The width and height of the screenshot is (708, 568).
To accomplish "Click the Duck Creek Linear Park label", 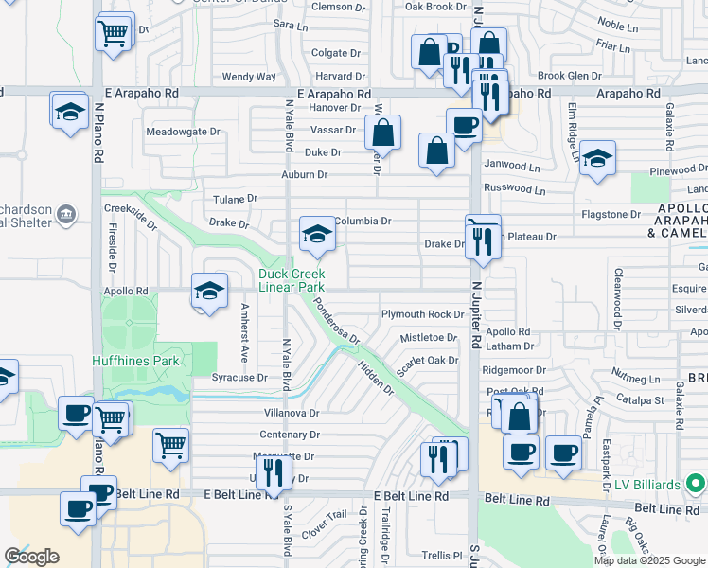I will (x=292, y=281).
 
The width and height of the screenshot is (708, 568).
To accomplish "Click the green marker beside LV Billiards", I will (x=696, y=486).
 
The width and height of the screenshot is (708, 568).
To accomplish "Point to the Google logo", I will (x=31, y=557).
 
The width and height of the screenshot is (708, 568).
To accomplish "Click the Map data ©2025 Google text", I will (x=649, y=560).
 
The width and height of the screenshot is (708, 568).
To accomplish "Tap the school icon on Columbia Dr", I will (x=317, y=235).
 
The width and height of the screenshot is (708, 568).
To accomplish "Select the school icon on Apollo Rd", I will (x=209, y=291).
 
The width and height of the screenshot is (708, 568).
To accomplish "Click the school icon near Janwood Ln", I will (x=597, y=159).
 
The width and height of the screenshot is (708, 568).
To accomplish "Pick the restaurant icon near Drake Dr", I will (x=483, y=240).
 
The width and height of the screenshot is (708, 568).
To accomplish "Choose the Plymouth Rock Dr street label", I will (x=422, y=314).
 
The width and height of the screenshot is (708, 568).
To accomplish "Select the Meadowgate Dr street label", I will (x=183, y=133).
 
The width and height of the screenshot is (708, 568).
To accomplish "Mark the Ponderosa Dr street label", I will (x=336, y=322).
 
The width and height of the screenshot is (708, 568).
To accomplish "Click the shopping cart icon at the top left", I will (x=113, y=33).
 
